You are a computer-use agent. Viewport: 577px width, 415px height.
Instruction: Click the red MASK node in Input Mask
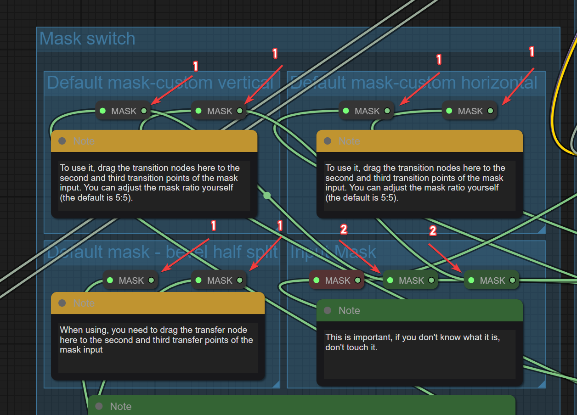[x=337, y=280]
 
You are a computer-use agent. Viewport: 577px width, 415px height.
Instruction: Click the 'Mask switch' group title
[x=87, y=39]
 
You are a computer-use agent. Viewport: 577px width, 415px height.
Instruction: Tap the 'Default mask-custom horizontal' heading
[x=413, y=83]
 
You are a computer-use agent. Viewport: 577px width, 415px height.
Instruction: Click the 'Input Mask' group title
[x=333, y=252]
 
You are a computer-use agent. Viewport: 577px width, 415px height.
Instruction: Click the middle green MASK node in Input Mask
[x=411, y=280]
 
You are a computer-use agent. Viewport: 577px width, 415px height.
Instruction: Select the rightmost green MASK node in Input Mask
[x=492, y=280]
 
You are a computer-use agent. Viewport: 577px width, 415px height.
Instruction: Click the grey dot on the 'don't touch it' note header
[x=328, y=310]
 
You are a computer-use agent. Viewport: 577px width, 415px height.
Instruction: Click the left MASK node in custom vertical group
[x=124, y=111]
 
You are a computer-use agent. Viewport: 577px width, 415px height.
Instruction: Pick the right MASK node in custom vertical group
[x=220, y=111]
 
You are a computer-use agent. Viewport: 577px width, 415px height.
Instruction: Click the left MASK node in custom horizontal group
[x=367, y=111]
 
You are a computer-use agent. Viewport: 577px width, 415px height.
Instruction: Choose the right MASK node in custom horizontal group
[x=470, y=111]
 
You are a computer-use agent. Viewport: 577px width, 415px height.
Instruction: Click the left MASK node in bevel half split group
[x=131, y=280]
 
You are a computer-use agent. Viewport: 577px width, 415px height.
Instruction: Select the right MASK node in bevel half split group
[x=220, y=280]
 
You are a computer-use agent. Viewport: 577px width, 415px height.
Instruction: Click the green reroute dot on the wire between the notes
[x=267, y=196]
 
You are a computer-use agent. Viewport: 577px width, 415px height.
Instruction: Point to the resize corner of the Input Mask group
[x=542, y=384]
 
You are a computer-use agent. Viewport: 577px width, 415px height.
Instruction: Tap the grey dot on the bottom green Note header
[x=99, y=406]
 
